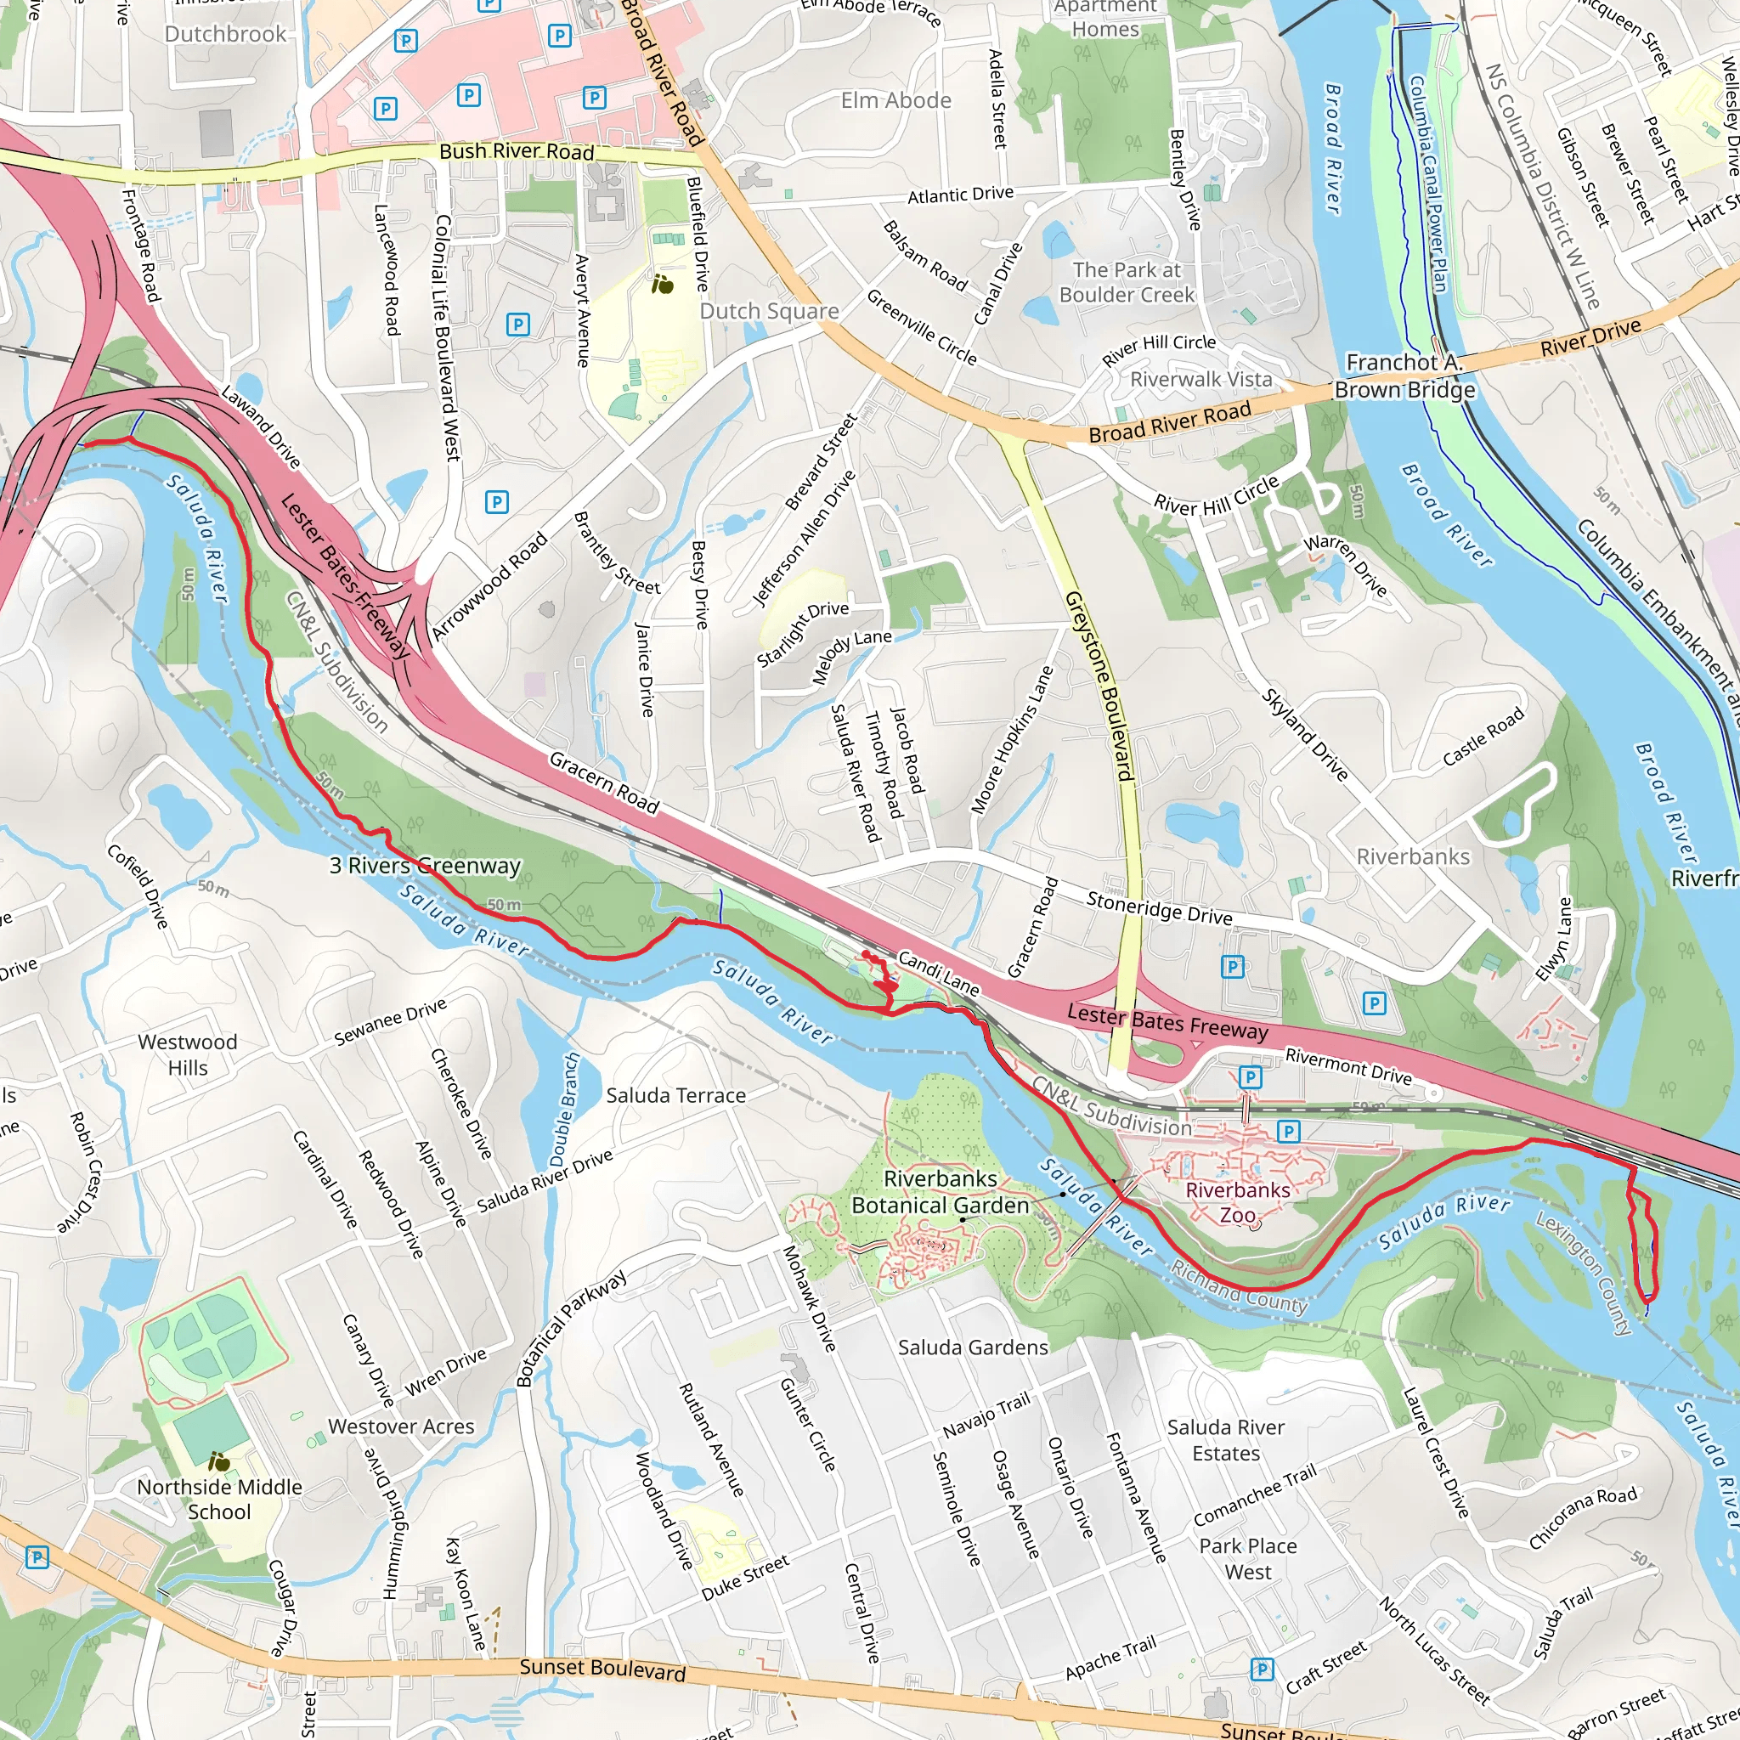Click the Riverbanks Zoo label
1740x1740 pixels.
pos(1236,1202)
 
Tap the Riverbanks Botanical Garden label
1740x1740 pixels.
pos(940,1191)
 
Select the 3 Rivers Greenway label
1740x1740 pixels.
pos(424,866)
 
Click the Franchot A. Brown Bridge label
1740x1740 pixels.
pos(1404,376)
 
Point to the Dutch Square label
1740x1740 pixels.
pos(768,311)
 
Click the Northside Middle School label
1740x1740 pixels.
pos(219,1500)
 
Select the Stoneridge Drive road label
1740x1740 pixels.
pos(1158,908)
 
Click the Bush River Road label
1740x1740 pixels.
pos(516,151)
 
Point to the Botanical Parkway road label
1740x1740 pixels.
pos(570,1329)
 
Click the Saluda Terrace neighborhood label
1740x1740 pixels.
pos(675,1095)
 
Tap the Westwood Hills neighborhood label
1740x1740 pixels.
pos(187,1054)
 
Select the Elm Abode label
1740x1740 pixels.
pos(895,100)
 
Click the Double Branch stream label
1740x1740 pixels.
pos(564,1110)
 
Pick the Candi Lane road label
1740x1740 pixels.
pos(939,974)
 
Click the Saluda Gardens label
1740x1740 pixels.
pos(973,1347)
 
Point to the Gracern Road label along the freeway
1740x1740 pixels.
pos(604,782)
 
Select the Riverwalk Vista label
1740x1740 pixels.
pos(1200,379)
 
